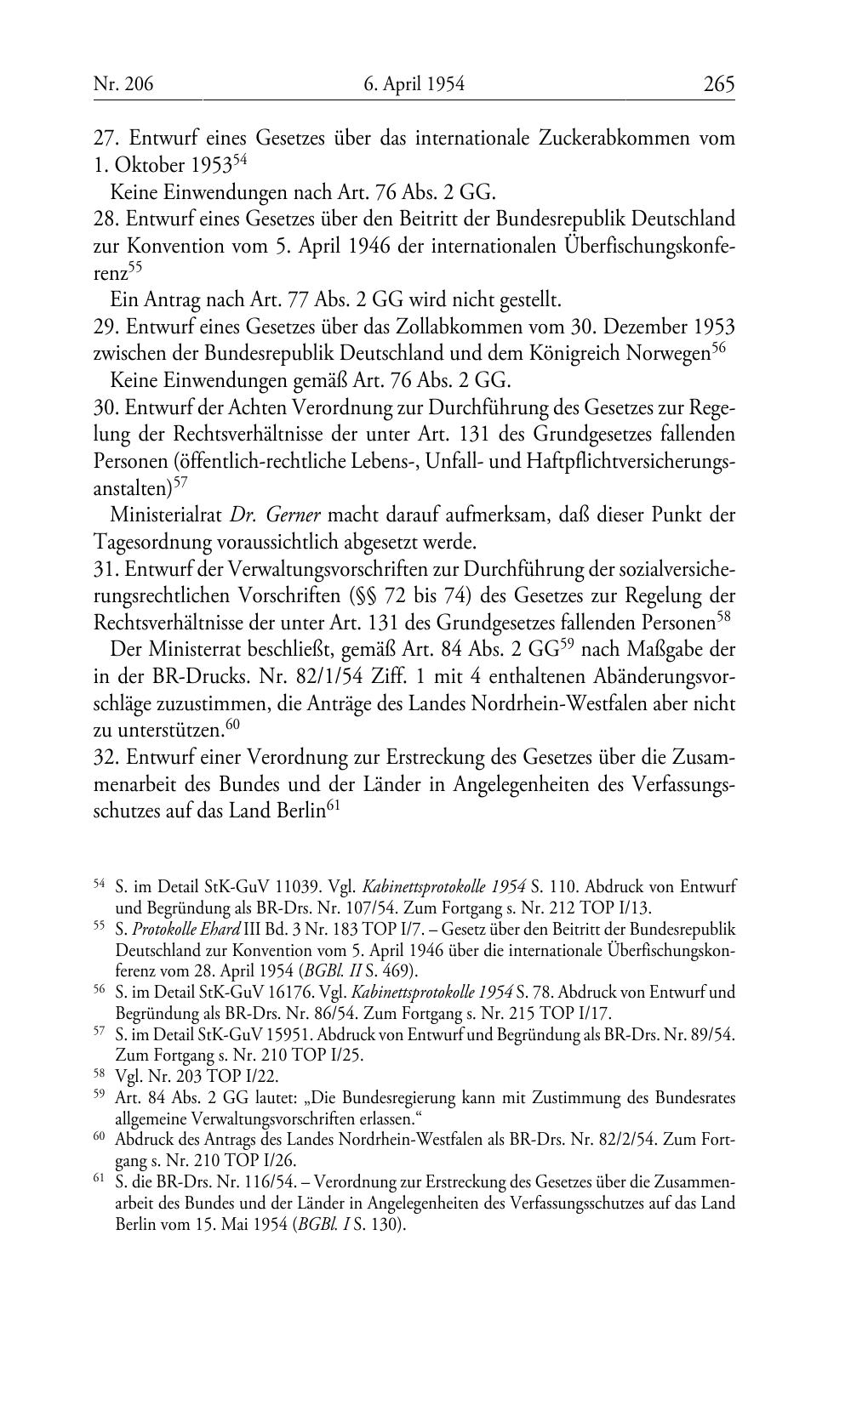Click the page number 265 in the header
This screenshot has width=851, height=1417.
pos(718,84)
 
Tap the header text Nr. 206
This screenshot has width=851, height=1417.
pos(123,84)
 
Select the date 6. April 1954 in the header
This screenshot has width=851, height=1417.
pos(414,84)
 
